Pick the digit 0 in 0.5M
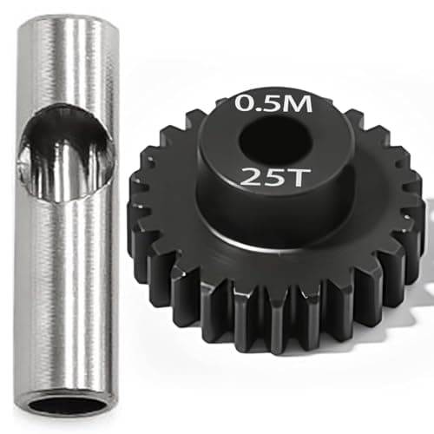tap(245, 104)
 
